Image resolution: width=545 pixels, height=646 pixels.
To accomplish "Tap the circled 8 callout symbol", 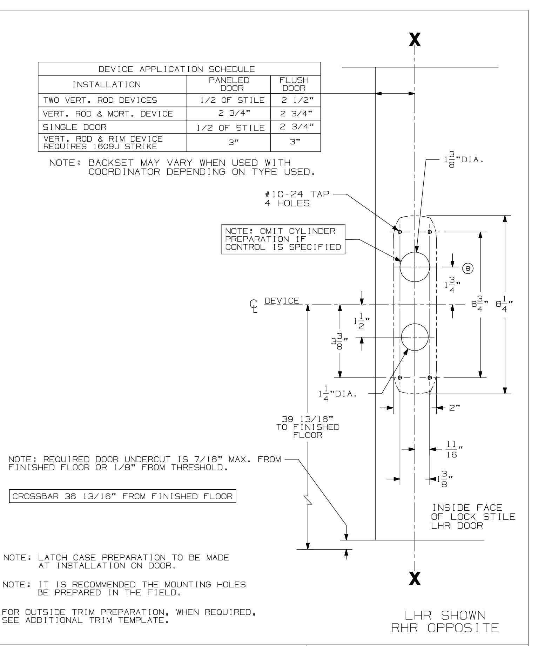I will tap(468, 268).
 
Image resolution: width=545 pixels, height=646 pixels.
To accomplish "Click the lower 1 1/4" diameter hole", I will tap(415, 337).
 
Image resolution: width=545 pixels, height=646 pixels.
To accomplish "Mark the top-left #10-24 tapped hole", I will tap(400, 232).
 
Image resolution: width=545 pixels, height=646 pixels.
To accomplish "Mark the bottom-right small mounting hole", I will tap(430, 378).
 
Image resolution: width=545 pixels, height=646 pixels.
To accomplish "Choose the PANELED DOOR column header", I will tap(229, 84).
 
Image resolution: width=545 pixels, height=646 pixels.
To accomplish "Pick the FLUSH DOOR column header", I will tap(295, 84).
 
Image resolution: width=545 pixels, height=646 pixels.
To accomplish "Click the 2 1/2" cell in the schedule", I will tap(295, 100).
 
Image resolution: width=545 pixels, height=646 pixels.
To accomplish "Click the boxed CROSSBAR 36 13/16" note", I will tap(122, 496).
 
